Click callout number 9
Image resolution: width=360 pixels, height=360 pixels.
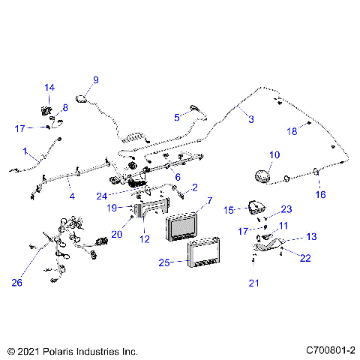[x=95, y=79]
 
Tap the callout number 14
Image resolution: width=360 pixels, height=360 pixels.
[x=49, y=88]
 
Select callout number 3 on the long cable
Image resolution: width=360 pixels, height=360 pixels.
[x=250, y=118]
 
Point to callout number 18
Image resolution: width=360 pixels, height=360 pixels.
[x=293, y=131]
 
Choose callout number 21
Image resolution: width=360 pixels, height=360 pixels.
[x=253, y=282]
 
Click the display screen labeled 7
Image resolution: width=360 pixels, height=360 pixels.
[x=183, y=227]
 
